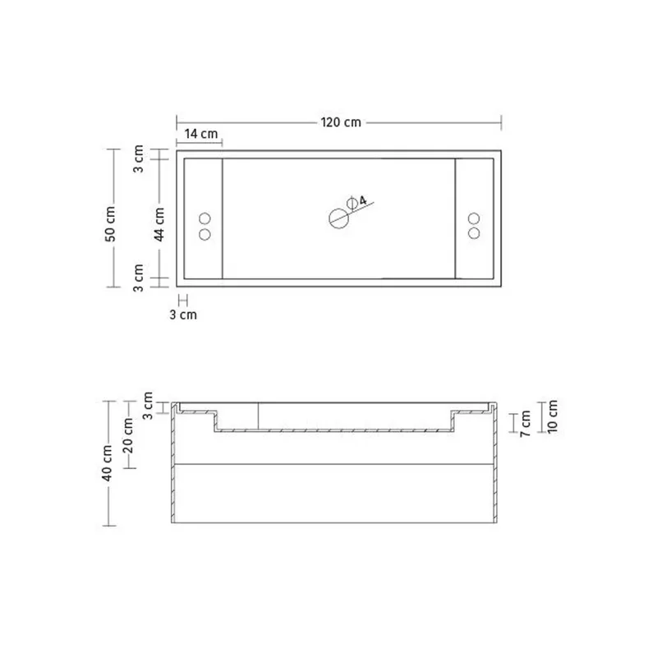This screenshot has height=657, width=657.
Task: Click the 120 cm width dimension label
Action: click(341, 122)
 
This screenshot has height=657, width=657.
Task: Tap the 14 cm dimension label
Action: click(201, 134)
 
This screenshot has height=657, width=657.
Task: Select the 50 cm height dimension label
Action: click(110, 223)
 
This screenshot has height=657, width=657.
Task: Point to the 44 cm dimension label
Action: click(159, 224)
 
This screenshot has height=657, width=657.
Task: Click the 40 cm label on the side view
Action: click(107, 462)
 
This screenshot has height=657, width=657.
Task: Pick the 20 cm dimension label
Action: click(128, 435)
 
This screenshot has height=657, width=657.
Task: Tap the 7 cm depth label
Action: click(526, 424)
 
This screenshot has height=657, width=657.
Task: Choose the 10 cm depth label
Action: click(552, 416)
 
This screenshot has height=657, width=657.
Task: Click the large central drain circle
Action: click(339, 218)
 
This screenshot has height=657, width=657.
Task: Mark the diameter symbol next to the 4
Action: click(352, 203)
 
